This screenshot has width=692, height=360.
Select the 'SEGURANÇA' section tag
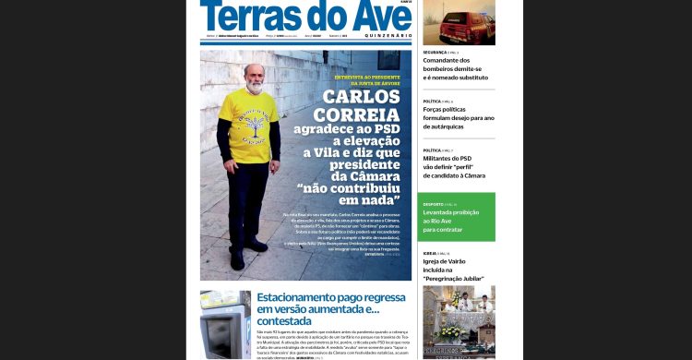click(439, 54)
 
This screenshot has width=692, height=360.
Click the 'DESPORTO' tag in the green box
click(439, 204)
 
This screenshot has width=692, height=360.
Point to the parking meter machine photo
click(224, 324)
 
